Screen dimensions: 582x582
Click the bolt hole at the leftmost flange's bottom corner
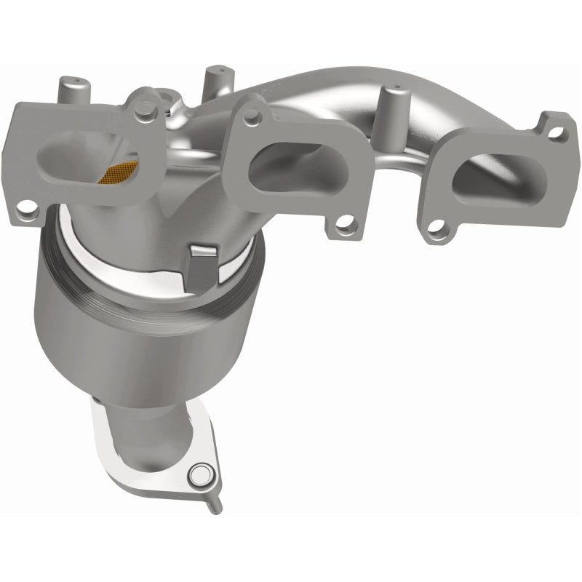pyautogui.click(x=28, y=213)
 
